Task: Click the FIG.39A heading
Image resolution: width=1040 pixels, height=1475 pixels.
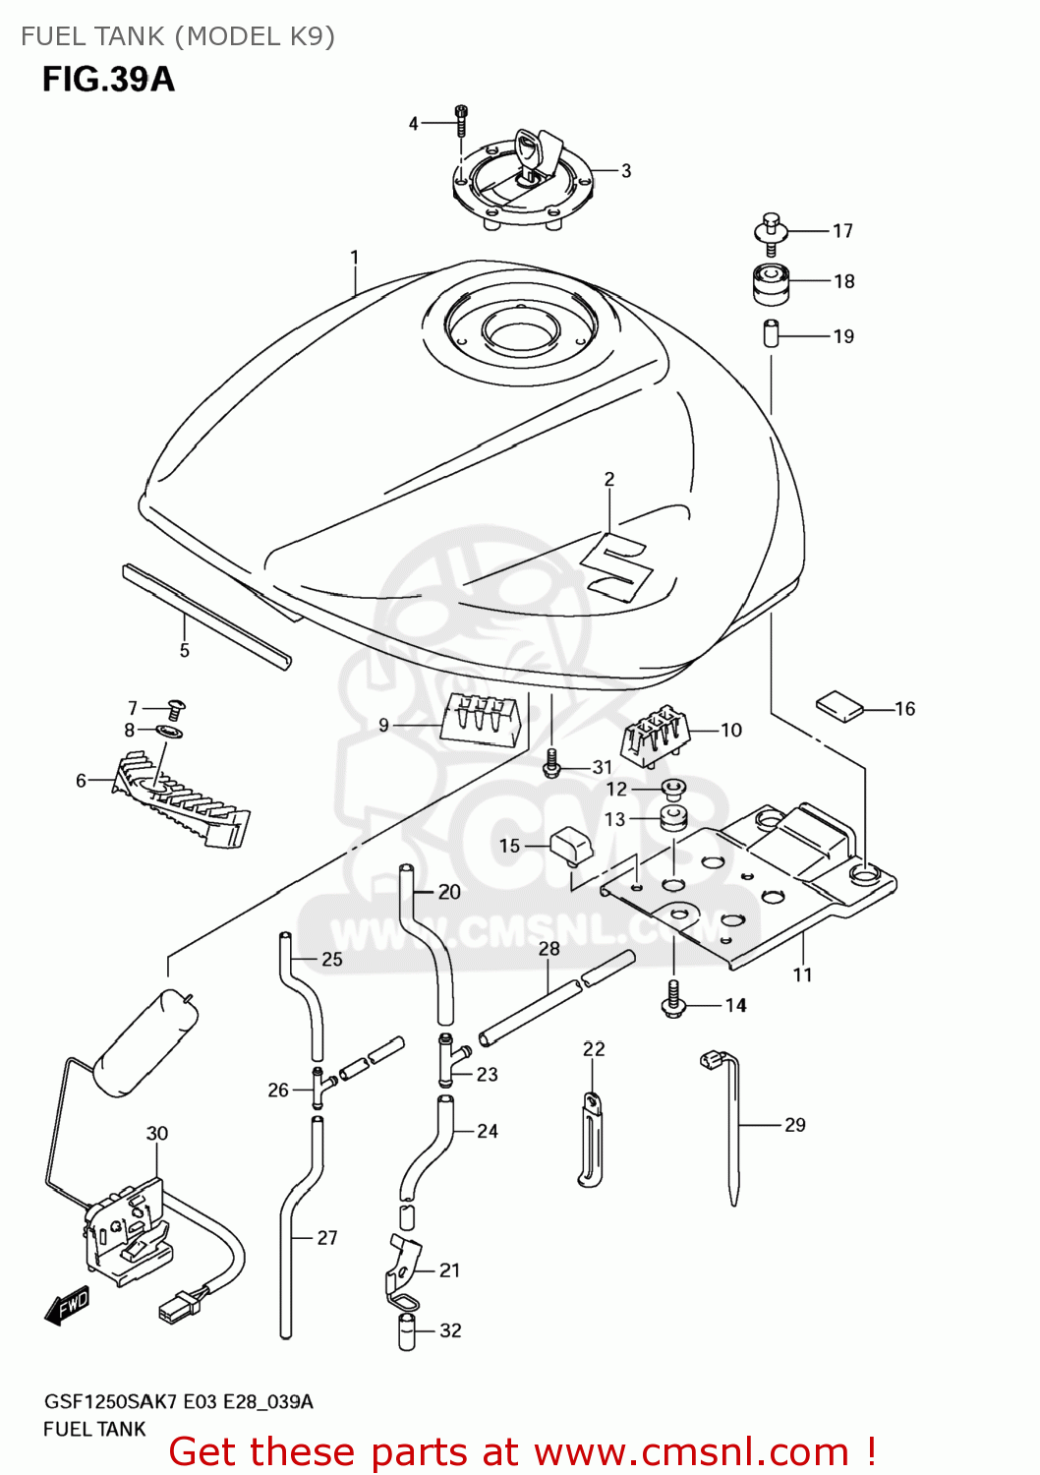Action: click(x=108, y=80)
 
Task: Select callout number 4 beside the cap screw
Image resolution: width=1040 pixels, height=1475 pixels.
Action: click(x=413, y=123)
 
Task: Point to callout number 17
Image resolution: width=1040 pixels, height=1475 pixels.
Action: click(x=842, y=231)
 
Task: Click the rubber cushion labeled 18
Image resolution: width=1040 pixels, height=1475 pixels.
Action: click(x=771, y=283)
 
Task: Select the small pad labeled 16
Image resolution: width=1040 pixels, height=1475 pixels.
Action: click(x=838, y=705)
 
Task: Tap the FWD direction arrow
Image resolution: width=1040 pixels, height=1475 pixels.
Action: click(x=68, y=1305)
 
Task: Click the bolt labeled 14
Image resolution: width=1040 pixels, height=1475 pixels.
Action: click(x=673, y=999)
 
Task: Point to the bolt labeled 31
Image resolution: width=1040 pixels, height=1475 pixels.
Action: click(x=551, y=762)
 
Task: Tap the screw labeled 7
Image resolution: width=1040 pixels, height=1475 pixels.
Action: click(x=177, y=707)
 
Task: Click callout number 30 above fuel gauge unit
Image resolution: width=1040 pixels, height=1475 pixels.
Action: click(x=157, y=1133)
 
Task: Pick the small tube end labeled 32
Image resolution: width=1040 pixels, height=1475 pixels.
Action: click(x=407, y=1332)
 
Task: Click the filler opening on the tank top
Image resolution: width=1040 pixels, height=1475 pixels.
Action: click(x=520, y=333)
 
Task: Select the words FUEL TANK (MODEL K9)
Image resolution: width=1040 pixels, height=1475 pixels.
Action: click(x=178, y=36)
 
